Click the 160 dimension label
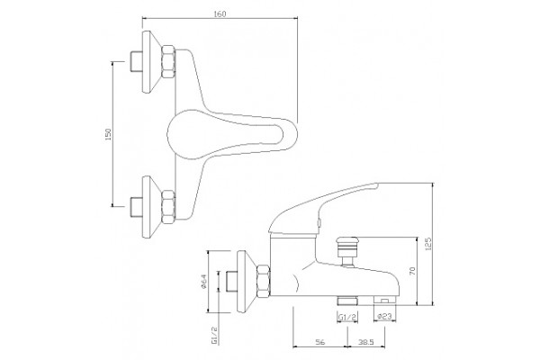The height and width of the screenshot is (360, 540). pos(220,14)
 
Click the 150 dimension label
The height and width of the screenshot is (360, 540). pos(108,134)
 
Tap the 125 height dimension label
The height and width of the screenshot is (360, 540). pos(428,244)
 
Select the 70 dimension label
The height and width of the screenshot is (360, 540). pos(413,271)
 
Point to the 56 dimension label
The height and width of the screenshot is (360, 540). pos(319,342)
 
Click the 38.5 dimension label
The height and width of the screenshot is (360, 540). pos(366,342)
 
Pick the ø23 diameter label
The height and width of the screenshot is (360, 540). pos(384,316)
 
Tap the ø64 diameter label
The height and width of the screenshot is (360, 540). pos(203,282)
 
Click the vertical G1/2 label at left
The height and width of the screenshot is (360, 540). pos(214,337)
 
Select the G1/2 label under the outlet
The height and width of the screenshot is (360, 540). pos(347,317)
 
